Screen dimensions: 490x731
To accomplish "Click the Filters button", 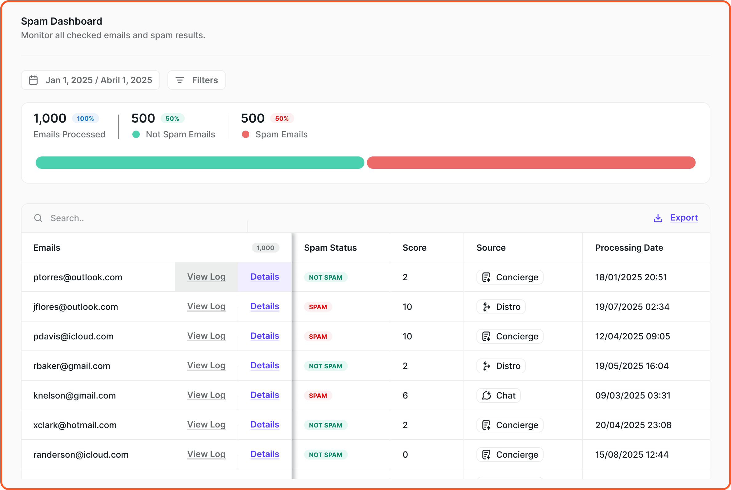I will coord(196,80).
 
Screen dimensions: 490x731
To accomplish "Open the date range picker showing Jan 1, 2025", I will coord(90,80).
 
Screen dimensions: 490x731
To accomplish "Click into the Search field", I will coord(141,218).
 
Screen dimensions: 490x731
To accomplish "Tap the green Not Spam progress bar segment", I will coord(200,163).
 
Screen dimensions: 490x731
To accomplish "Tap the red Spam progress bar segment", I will coord(531,163).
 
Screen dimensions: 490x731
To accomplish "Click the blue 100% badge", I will coord(85,119).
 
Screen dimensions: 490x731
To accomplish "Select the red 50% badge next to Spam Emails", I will coord(282,119).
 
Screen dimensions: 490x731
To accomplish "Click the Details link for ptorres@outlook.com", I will coord(264,277).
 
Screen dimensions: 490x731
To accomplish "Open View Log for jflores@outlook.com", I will coord(206,306).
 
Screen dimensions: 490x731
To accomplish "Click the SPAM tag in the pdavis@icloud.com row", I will coord(318,337).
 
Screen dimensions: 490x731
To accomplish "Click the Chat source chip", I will coord(498,396).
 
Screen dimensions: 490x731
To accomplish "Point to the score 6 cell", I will coord(405,396).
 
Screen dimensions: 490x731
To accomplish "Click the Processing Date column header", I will coord(629,248).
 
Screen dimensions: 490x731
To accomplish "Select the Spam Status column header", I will coord(330,248).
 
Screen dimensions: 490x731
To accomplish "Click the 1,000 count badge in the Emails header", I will coord(265,248).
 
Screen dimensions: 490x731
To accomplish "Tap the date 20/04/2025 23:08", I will coord(633,425).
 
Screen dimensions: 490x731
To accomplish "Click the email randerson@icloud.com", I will coord(81,455).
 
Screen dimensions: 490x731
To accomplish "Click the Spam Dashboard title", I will coord(62,21).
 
